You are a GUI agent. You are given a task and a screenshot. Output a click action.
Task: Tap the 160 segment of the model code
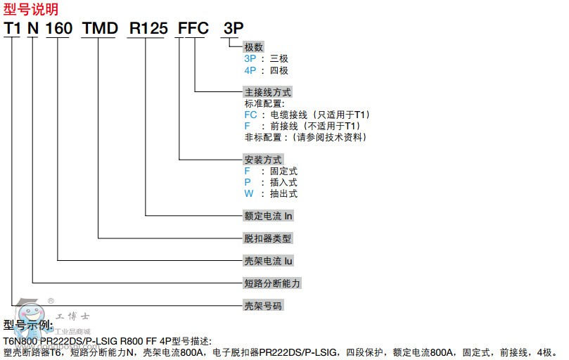(58, 28)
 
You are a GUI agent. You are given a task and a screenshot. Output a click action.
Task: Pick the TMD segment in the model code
(98, 28)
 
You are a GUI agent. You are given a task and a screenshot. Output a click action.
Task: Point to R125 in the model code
(147, 28)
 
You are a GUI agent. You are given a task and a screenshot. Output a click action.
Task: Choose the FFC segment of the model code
(193, 28)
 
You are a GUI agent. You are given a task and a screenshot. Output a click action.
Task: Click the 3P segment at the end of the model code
(232, 28)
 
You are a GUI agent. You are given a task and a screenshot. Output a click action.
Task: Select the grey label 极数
(254, 47)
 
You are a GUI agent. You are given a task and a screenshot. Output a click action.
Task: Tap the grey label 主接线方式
(267, 92)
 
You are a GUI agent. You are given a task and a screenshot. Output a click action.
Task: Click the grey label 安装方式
(262, 159)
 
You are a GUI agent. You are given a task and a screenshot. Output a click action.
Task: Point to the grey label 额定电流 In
(268, 216)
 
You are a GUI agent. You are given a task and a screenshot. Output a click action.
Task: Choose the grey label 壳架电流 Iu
(268, 261)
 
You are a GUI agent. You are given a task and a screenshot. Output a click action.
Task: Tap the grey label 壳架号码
(262, 306)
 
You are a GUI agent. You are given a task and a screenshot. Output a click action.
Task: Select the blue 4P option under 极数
(250, 70)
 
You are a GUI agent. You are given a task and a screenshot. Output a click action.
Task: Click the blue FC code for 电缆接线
(250, 115)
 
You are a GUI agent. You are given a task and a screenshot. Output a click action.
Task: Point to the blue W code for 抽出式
(248, 193)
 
